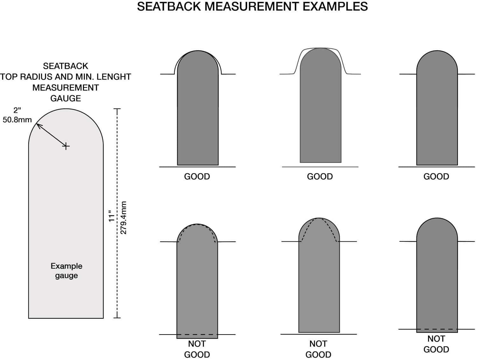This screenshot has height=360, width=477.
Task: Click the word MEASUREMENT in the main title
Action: coord(252,6)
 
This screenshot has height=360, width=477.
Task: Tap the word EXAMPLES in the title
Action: coord(335,6)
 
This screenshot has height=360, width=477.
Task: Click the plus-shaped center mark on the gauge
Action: coord(66,146)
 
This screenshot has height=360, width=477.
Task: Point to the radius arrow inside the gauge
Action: coord(51,135)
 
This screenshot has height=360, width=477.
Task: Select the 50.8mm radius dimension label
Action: coord(17,120)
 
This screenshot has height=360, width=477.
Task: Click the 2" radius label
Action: coord(17,110)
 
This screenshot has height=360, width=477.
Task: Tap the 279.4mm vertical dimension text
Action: coord(123,218)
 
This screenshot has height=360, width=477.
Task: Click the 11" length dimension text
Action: coord(111,216)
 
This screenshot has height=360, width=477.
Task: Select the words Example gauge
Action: coord(66,271)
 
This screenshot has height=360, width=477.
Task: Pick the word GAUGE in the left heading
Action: coord(66,98)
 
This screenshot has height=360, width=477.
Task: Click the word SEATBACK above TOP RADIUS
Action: coord(66,66)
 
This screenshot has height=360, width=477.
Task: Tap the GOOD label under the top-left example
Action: coord(197,177)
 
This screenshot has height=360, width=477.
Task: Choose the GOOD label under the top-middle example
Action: coord(320,177)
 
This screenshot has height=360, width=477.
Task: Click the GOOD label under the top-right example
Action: coord(436,177)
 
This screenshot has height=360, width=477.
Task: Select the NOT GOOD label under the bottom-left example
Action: coord(197,349)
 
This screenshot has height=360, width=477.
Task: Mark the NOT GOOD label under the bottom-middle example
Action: coord(318,349)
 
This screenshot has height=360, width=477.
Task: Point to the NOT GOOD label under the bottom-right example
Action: coord(436,344)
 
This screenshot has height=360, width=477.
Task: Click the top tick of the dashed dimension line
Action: coord(117,109)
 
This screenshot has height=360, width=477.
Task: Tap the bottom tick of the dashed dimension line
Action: coord(117,318)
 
